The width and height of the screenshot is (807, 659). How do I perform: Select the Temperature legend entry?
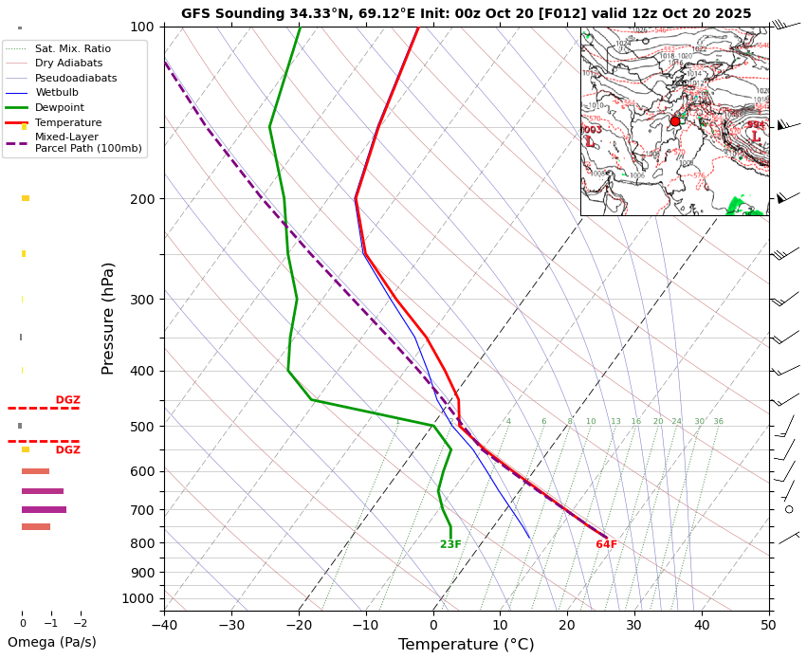(x=67, y=122)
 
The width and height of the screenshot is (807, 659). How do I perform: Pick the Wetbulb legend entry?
(x=57, y=93)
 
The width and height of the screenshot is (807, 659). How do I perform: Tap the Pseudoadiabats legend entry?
(x=75, y=78)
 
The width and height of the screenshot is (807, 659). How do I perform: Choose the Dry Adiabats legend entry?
(x=68, y=63)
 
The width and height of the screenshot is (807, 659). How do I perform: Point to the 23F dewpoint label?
(x=450, y=544)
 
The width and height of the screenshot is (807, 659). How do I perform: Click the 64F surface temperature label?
(x=606, y=544)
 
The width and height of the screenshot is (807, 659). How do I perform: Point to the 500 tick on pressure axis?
(x=141, y=427)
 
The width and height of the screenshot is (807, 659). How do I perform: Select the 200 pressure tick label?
(x=141, y=199)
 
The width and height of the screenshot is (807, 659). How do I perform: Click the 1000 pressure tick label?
(x=138, y=598)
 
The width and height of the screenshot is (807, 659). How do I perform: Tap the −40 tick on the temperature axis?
(x=164, y=625)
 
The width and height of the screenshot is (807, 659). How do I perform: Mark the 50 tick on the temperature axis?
(x=768, y=625)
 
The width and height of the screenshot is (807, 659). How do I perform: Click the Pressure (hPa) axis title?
(x=108, y=318)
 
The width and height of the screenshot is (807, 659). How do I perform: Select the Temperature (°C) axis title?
(x=466, y=645)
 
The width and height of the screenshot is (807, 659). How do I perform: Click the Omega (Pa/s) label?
(x=52, y=642)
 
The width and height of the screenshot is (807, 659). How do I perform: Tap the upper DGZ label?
(x=68, y=400)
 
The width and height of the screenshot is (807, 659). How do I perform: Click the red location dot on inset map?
(x=675, y=121)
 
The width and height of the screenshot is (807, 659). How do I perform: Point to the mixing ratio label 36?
(x=718, y=421)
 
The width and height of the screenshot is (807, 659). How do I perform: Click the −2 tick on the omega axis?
(x=80, y=623)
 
